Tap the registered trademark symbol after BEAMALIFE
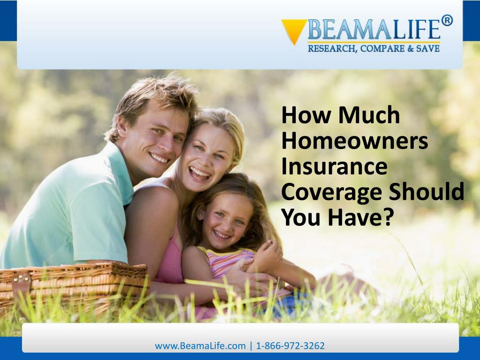[447, 21]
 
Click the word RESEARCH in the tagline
[332, 49]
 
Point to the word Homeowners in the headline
[354, 141]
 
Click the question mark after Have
[388, 217]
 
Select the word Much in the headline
[369, 115]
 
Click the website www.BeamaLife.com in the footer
[200, 346]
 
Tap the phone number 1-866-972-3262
[290, 345]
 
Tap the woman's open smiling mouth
[200, 173]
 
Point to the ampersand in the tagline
[410, 48]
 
